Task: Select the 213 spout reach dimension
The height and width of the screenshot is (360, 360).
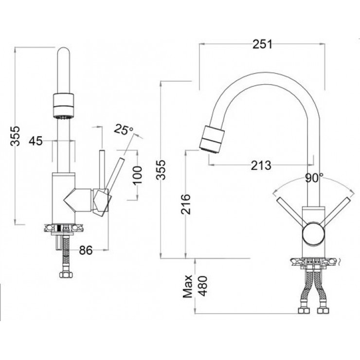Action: (x=261, y=165)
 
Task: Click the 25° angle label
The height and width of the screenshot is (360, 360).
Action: (x=123, y=130)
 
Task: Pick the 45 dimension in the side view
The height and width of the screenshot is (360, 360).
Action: (x=35, y=141)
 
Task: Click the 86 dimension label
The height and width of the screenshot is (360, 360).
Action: (x=86, y=251)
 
